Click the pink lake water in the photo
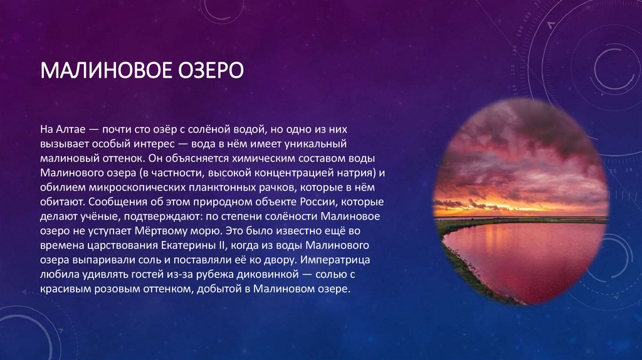(x=539, y=257)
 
